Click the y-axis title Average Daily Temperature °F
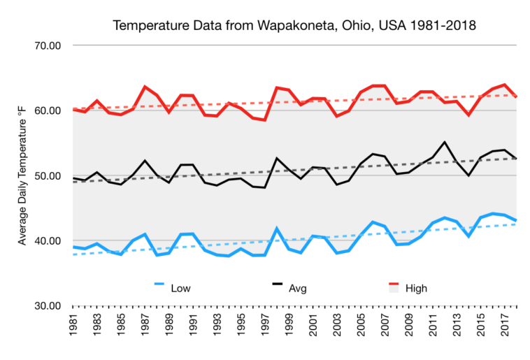[x=23, y=175]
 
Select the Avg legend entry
[x=297, y=287]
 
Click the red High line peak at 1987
[x=145, y=87]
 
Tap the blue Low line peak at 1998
[x=277, y=228]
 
